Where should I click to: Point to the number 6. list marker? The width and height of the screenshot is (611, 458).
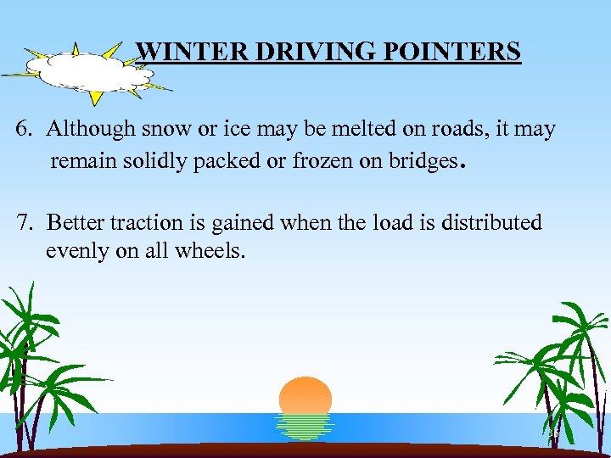(x=24, y=130)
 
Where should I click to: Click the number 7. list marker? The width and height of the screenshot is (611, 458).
(x=24, y=223)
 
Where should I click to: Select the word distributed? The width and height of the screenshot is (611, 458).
(x=490, y=223)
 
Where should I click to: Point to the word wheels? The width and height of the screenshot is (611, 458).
(x=211, y=252)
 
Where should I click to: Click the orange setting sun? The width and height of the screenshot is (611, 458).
(x=305, y=395)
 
